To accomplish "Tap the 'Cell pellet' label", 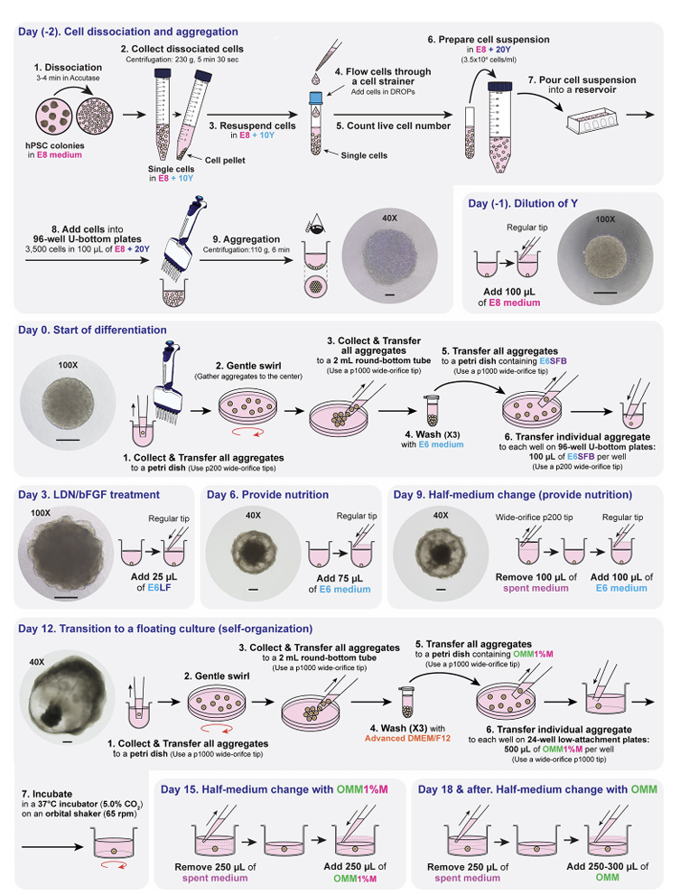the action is click(x=225, y=161).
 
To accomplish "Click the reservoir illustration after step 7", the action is click(x=592, y=121).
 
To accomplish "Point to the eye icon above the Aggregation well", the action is click(x=314, y=224).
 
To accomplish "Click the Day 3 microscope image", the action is click(x=66, y=552).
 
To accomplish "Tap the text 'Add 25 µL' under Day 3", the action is click(x=154, y=577).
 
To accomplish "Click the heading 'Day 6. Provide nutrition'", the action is click(x=268, y=495).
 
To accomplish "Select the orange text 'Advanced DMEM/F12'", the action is click(x=407, y=739).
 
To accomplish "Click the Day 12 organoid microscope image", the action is click(x=67, y=698).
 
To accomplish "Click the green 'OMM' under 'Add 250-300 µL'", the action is click(x=607, y=877).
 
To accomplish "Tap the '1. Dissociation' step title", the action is click(x=68, y=68).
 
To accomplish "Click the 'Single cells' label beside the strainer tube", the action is click(x=364, y=155).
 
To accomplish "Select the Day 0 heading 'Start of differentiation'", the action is click(x=109, y=330).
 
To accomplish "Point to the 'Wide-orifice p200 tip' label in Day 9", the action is click(x=535, y=517).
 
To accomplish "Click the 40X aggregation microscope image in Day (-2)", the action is click(x=390, y=256).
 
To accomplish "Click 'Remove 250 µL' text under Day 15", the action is click(x=215, y=867).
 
